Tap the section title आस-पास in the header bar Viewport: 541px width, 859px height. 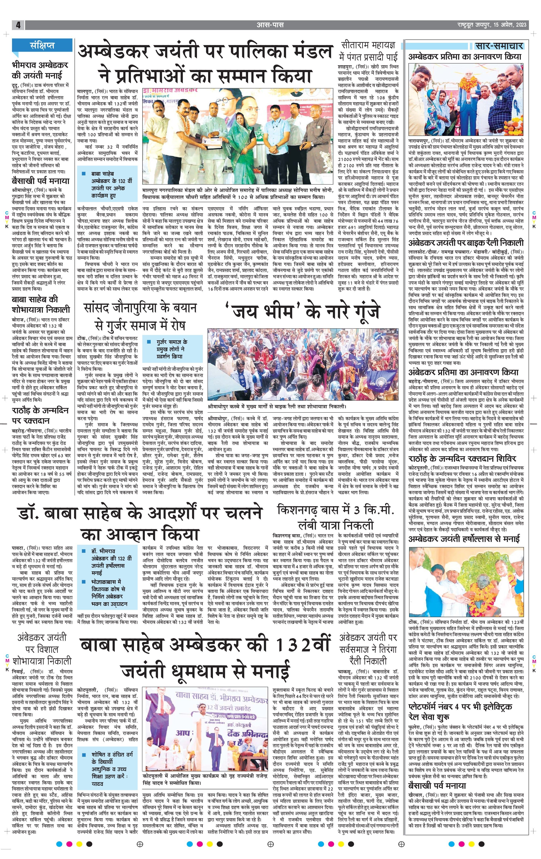pos(270,25)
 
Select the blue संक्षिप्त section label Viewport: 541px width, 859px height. pos(42,45)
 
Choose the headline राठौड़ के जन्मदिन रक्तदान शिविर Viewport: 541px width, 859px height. pos(462,459)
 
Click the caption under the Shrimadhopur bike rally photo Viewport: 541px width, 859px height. pos(277,406)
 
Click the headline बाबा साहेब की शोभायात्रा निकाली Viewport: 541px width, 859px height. pos(41,304)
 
